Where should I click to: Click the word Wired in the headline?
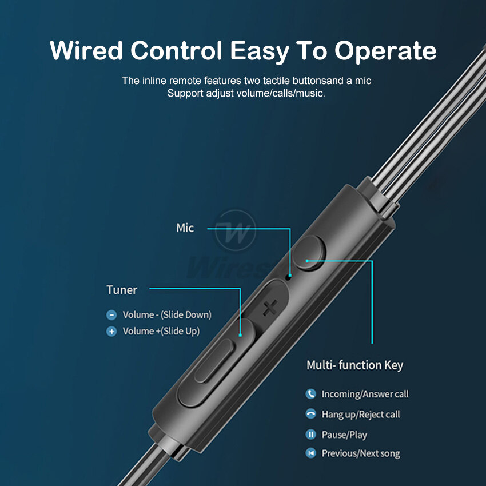click(x=86, y=51)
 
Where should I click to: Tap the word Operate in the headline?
click(x=385, y=51)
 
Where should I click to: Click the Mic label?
click(x=185, y=228)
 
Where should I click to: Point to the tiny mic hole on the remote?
click(x=289, y=277)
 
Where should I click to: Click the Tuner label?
click(x=121, y=290)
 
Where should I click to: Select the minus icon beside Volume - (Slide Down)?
click(x=111, y=315)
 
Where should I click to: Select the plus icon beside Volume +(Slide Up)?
click(x=111, y=332)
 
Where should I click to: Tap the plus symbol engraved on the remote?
click(x=269, y=309)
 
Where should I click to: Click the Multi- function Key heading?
click(x=354, y=365)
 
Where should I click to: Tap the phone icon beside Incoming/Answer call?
click(x=311, y=394)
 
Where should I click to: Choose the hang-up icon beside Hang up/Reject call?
click(x=311, y=415)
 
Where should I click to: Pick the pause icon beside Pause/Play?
click(x=311, y=435)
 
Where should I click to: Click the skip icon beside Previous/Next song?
click(x=311, y=453)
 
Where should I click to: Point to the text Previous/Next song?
click(x=361, y=453)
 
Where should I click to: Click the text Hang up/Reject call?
click(x=361, y=415)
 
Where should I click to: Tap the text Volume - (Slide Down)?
click(x=167, y=315)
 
